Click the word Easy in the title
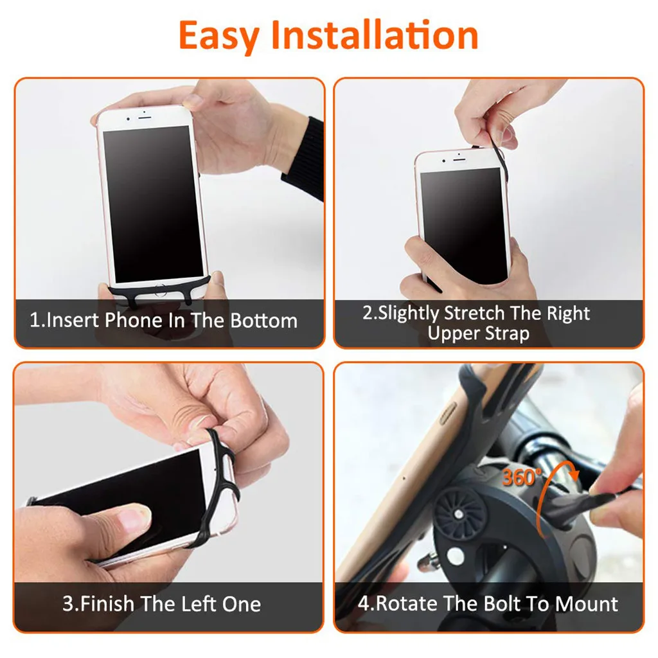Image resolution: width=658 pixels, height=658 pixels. coord(220,37)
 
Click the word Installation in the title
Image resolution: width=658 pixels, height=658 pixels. coord(375,35)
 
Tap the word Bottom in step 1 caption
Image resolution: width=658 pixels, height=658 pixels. coord(263,321)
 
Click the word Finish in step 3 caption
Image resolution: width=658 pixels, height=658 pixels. coord(107,604)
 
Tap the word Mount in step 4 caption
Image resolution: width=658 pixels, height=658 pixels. coord(586,604)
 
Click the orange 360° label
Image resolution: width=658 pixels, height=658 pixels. coord(519,477)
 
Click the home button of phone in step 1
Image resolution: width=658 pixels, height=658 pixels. coord(159,290)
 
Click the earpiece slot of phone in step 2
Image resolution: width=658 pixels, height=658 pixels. coord(459,159)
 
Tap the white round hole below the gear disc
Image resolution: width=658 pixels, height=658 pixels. coord(456,556)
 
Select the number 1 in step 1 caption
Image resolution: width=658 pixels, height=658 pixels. coord(35,321)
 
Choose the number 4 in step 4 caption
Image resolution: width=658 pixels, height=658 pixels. coord(364,604)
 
